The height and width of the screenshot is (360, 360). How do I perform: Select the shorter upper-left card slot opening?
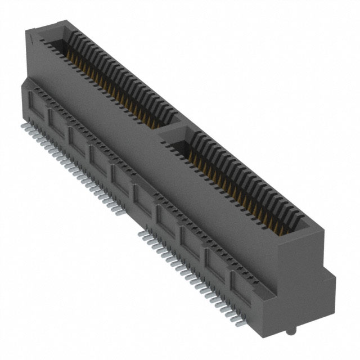(112, 79)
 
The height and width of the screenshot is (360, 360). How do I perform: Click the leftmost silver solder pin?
(25, 120)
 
